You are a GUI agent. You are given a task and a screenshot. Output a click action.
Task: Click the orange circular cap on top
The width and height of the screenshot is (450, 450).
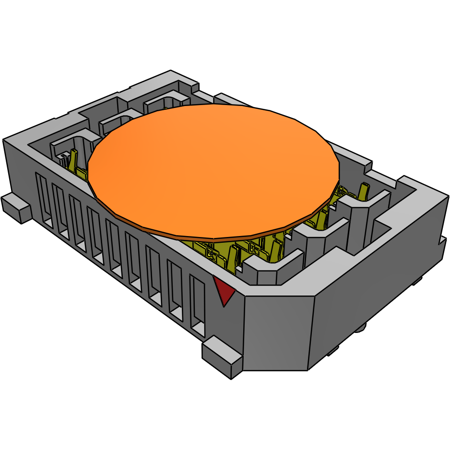[x=213, y=170]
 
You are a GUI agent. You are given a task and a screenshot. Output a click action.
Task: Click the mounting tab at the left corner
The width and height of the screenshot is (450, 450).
[x=16, y=208]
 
